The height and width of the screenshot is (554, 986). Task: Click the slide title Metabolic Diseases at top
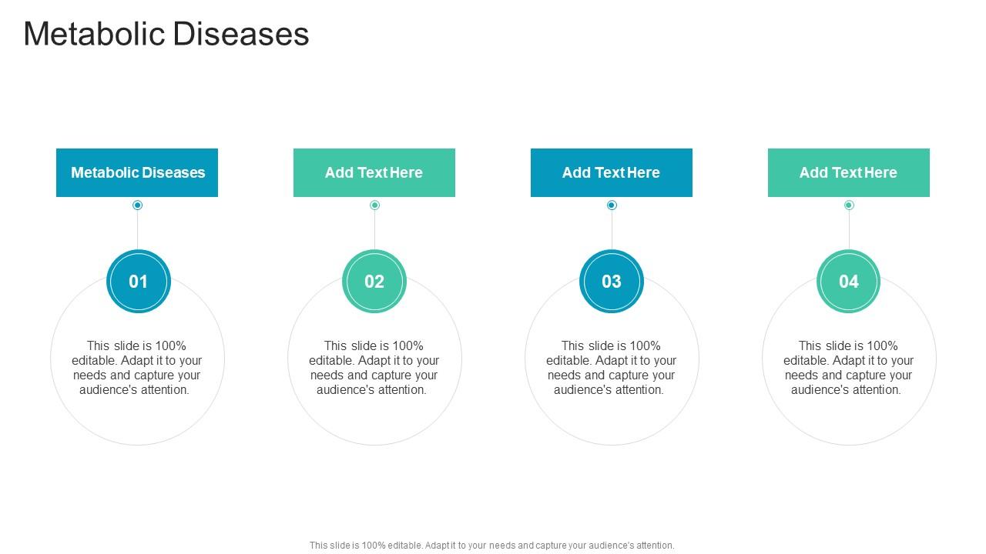click(x=166, y=35)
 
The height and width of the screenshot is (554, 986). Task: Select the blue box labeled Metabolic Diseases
click(x=137, y=172)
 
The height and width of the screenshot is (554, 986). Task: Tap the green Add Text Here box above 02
click(x=374, y=172)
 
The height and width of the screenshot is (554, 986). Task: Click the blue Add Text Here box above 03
click(x=612, y=172)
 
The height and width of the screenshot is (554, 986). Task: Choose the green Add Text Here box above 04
click(x=849, y=172)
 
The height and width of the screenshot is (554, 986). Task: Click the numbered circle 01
click(x=138, y=282)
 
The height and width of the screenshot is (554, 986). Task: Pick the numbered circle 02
click(x=374, y=282)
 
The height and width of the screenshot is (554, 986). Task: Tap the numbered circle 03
click(x=612, y=282)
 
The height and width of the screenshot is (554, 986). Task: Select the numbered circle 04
click(x=849, y=282)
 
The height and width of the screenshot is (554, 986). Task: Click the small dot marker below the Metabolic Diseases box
click(x=138, y=205)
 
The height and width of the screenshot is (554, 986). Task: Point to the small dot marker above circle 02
click(x=374, y=205)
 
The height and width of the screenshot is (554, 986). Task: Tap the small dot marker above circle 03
click(x=612, y=205)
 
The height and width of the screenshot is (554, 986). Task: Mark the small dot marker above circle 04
click(x=849, y=205)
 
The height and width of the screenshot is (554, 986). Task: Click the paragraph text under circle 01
click(x=137, y=368)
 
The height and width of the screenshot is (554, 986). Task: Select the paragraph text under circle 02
click(x=374, y=368)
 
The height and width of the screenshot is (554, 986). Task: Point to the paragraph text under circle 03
click(x=612, y=368)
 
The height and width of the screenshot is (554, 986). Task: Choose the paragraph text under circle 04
click(x=849, y=368)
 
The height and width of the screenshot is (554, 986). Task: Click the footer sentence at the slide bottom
click(x=492, y=545)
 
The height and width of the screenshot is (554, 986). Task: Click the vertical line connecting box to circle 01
click(x=138, y=229)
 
